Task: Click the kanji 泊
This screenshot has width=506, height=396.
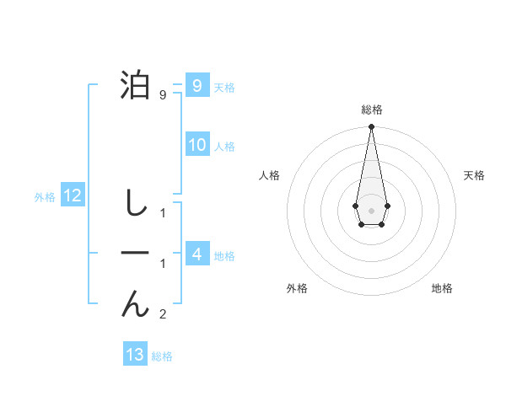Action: [x=137, y=86]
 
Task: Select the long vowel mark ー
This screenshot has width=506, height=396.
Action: [x=135, y=253]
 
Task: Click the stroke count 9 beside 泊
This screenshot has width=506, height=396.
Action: [x=163, y=95]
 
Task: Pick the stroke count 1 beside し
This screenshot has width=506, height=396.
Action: [x=163, y=213]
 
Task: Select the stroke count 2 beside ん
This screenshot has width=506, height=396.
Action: [x=163, y=315]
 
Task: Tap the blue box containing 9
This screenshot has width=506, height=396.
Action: [x=196, y=86]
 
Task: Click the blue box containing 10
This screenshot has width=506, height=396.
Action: [x=196, y=145]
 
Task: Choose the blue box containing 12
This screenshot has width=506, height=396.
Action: [x=72, y=196]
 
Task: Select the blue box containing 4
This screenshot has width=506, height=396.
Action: [x=196, y=254]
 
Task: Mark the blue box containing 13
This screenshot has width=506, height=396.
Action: [x=135, y=355]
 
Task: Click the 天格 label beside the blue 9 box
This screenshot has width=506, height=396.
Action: [x=224, y=88]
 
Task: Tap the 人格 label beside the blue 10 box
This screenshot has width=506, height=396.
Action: [x=224, y=147]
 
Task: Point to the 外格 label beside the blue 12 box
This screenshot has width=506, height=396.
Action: [x=45, y=197]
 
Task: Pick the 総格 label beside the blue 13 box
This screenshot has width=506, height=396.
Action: [x=162, y=356]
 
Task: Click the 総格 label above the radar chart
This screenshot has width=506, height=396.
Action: [x=371, y=110]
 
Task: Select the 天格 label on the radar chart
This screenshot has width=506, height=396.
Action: [x=474, y=175]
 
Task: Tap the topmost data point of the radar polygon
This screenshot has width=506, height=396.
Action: [x=371, y=127]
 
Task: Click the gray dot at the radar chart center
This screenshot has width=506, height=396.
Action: [x=371, y=209]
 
